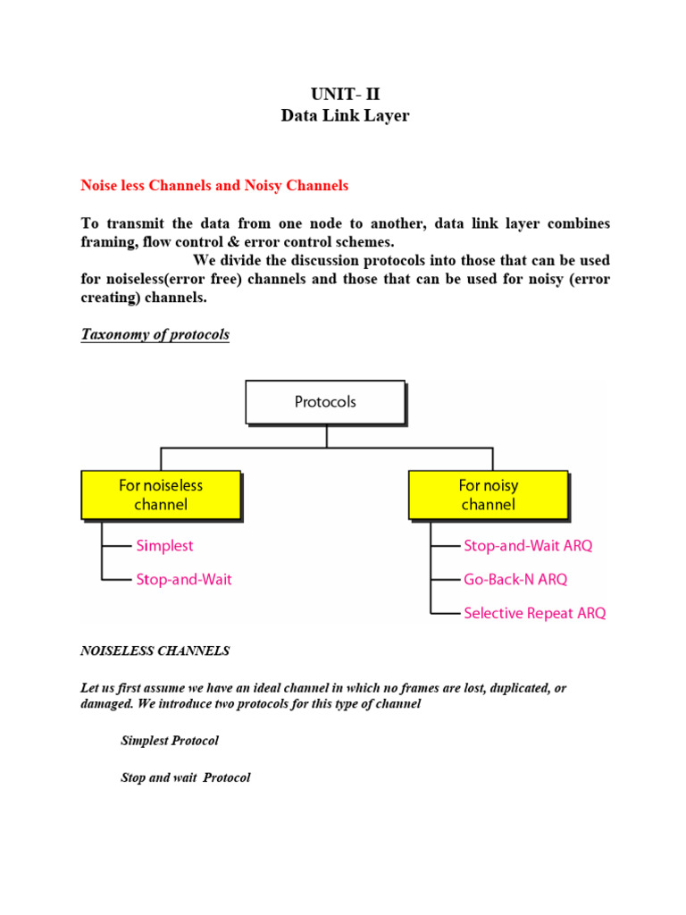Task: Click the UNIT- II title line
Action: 345,96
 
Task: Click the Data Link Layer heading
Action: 345,116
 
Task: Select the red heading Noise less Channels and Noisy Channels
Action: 214,186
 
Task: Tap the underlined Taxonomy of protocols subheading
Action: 155,335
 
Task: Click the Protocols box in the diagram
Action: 325,402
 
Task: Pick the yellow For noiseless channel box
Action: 161,495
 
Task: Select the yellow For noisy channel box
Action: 488,495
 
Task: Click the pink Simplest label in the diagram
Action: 164,545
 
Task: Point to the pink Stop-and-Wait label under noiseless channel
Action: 183,579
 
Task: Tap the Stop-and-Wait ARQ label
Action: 528,545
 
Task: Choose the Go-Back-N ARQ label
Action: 515,579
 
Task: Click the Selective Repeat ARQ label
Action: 534,613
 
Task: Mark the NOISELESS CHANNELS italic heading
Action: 155,651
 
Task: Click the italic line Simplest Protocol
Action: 170,741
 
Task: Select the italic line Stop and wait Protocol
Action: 186,778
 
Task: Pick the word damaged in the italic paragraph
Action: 106,704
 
